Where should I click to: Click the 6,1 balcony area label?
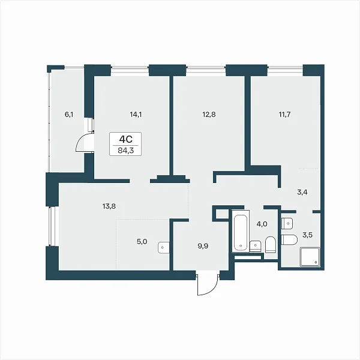(x=69, y=115)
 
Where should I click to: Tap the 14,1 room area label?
(x=136, y=115)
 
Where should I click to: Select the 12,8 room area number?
(x=209, y=115)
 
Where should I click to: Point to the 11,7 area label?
(x=284, y=115)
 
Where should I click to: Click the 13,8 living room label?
(x=109, y=206)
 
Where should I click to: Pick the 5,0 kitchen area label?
(x=142, y=242)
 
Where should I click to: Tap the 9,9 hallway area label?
(x=203, y=247)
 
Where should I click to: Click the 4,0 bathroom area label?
(x=262, y=224)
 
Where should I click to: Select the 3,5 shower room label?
(x=307, y=235)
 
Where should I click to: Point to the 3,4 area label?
(x=302, y=193)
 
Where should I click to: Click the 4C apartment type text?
(x=125, y=139)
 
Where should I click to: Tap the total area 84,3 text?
(x=125, y=151)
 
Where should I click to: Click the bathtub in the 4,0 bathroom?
(x=241, y=231)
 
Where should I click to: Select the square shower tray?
(x=310, y=257)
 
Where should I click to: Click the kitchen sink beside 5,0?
(x=164, y=248)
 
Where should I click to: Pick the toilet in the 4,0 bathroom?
(x=271, y=245)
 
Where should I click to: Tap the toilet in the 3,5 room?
(x=289, y=240)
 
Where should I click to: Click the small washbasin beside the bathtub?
(x=256, y=246)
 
